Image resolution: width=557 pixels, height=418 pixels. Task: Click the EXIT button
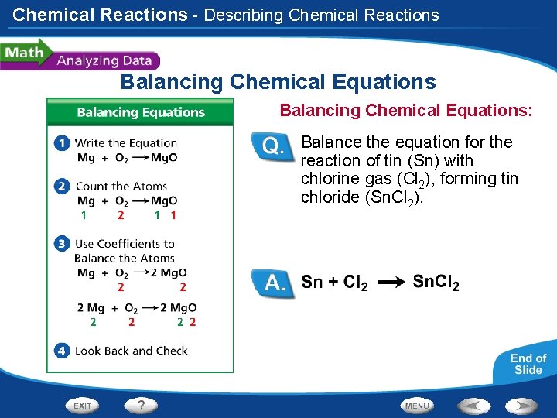click(82, 405)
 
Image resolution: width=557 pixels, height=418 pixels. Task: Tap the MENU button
click(417, 405)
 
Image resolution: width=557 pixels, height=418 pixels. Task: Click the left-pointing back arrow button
click(473, 405)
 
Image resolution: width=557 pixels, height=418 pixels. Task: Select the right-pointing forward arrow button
click(521, 405)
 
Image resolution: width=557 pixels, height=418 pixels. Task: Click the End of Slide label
click(528, 364)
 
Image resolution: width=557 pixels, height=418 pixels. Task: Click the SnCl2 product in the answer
click(436, 283)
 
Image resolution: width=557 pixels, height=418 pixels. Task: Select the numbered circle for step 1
click(62, 142)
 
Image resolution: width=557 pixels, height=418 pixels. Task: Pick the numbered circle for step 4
click(62, 351)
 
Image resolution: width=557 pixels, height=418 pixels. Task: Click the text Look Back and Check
click(131, 351)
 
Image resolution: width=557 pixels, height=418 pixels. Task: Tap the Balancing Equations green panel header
click(140, 112)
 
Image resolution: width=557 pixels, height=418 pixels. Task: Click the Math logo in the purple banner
click(23, 53)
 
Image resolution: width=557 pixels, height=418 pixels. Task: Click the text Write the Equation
click(125, 142)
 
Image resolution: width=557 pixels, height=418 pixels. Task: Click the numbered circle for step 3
click(62, 244)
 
